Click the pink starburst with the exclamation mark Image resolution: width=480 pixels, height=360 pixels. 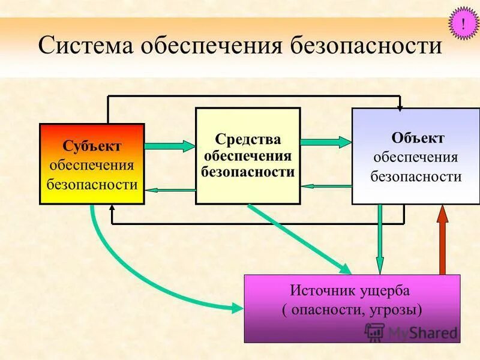click(463, 24)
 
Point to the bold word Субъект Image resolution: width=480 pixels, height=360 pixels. click(92, 146)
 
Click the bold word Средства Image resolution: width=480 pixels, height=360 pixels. click(248, 139)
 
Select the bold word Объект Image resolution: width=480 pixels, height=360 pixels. click(418, 138)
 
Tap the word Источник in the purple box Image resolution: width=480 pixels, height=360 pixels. click(320, 291)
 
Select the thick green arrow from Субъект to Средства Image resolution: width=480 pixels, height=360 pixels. click(170, 145)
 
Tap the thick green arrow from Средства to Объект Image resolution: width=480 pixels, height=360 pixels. click(325, 142)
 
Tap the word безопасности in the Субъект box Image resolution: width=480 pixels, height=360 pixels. click(92, 185)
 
